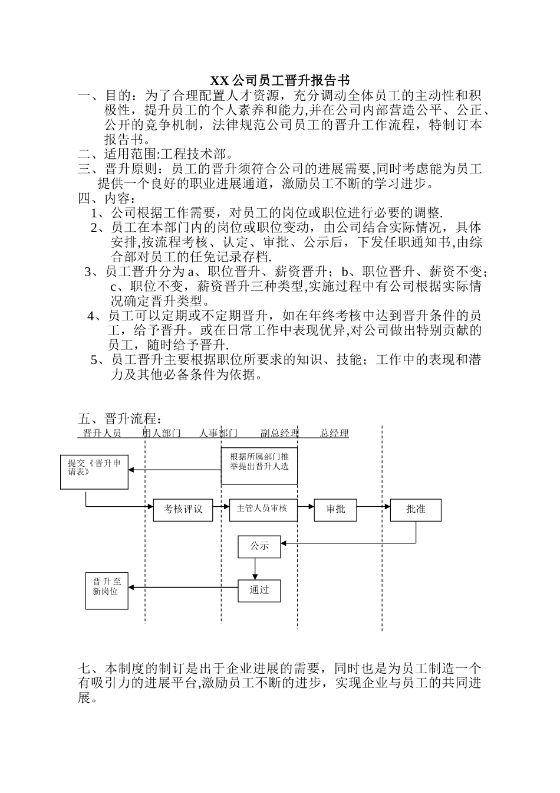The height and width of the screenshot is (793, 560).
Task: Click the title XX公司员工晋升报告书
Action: click(x=280, y=80)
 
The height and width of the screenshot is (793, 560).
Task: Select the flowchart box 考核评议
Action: click(x=183, y=509)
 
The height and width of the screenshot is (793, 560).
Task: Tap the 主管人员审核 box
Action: click(x=262, y=509)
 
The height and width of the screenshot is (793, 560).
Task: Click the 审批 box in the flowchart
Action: click(x=335, y=509)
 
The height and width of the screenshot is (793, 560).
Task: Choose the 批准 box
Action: click(x=416, y=509)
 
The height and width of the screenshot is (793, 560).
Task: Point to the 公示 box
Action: click(x=259, y=546)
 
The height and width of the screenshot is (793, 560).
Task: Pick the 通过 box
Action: click(x=259, y=590)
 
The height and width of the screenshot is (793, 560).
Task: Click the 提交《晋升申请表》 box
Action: click(x=94, y=471)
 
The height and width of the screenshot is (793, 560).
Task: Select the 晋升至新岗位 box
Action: click(x=107, y=590)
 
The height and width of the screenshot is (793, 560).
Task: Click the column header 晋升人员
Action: click(x=102, y=434)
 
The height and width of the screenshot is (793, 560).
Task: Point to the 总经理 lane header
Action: click(x=334, y=434)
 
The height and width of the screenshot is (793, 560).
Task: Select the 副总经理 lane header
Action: click(x=279, y=434)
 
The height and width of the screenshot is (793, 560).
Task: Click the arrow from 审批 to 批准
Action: click(x=373, y=506)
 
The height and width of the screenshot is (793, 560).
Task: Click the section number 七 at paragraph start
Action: click(x=84, y=669)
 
